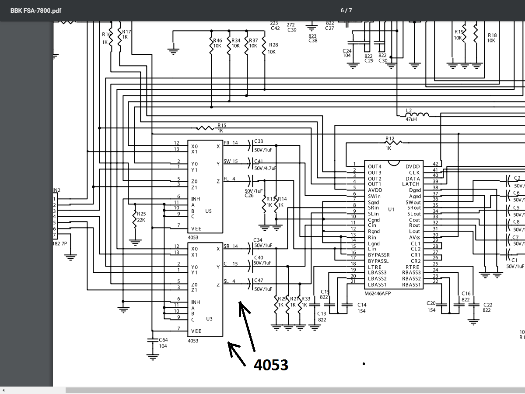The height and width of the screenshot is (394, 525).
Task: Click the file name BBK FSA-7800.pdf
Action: click(35, 11)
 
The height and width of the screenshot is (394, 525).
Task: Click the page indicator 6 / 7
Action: click(346, 10)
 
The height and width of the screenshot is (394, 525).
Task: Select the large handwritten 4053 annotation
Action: click(271, 365)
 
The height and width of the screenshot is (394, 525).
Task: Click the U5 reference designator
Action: click(208, 211)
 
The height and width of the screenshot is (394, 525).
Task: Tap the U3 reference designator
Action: click(209, 319)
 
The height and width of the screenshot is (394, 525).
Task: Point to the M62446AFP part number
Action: click(378, 293)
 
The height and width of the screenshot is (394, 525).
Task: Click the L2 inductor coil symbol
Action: click(417, 115)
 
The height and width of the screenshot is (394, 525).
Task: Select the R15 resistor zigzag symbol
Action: click(206, 128)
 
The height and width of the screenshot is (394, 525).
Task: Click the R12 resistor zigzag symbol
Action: click(394, 143)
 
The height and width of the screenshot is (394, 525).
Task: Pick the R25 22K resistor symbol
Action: click(135, 219)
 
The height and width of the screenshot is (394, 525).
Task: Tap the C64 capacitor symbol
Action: click(153, 340)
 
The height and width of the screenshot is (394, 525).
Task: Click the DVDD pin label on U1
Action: click(413, 166)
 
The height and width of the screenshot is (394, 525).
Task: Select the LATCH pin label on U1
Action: click(411, 184)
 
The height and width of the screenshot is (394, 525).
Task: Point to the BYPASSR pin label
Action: click(379, 255)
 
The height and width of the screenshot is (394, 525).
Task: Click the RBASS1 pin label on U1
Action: click(411, 285)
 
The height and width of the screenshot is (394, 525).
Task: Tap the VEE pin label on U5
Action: click(196, 229)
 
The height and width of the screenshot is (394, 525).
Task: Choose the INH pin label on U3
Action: click(196, 303)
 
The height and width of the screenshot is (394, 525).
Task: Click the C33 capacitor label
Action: click(259, 141)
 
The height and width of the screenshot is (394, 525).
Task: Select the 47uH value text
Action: click(411, 119)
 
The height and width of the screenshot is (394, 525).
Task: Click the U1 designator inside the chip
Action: click(391, 210)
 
